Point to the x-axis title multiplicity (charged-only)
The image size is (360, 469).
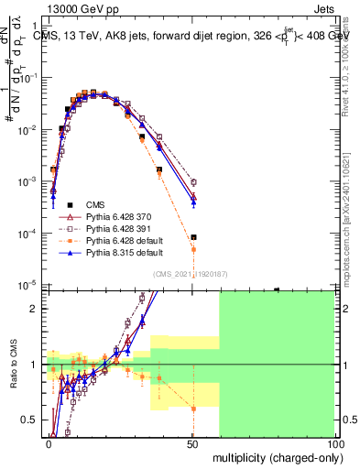(x=275, y=456)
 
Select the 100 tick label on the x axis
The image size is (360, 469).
(x=336, y=443)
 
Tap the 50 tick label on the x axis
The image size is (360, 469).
(x=193, y=443)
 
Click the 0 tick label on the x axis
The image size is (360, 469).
(x=49, y=443)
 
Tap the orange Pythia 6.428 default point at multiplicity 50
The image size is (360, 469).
(x=193, y=249)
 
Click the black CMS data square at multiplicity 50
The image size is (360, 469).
(x=193, y=237)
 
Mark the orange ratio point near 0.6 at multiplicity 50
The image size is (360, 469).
(x=193, y=409)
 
